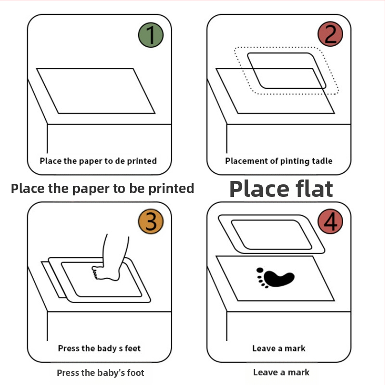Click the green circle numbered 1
coord(151,35)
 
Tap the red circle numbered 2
coord(330,34)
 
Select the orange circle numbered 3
coord(151,221)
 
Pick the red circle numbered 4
coord(330,221)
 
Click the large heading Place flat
coord(281,189)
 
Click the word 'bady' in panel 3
coord(107,348)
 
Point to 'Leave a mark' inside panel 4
coord(279,348)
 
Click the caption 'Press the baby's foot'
coord(101,373)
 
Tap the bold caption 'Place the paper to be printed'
coord(103,189)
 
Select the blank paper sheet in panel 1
coord(96,91)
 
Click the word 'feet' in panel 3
coord(133,348)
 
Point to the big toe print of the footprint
coord(260,270)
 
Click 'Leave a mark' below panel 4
coord(282,372)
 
